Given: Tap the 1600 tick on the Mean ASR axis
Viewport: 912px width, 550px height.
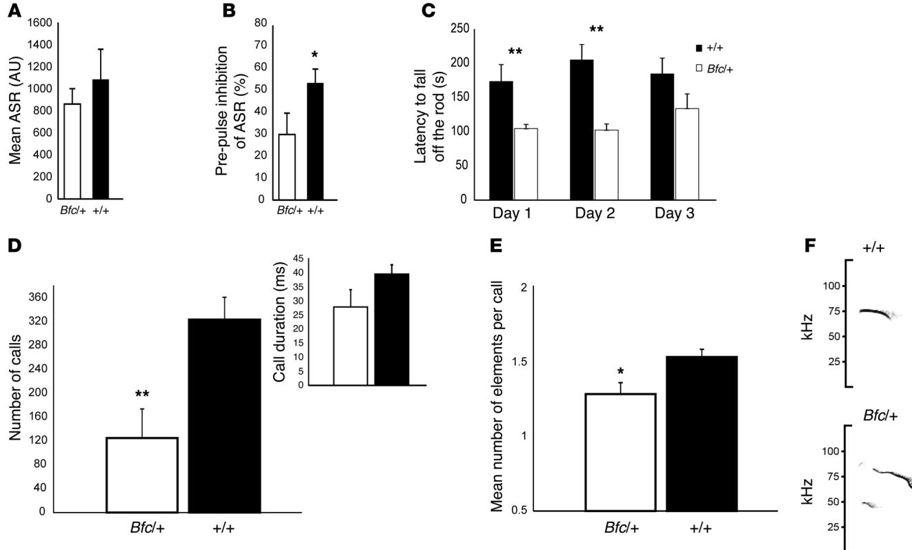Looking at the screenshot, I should tap(39, 22).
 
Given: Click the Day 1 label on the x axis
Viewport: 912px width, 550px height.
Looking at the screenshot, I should tap(511, 215).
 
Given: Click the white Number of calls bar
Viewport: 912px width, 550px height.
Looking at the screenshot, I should tap(142, 474).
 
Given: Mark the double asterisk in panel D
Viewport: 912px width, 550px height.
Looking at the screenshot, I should tap(142, 395).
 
